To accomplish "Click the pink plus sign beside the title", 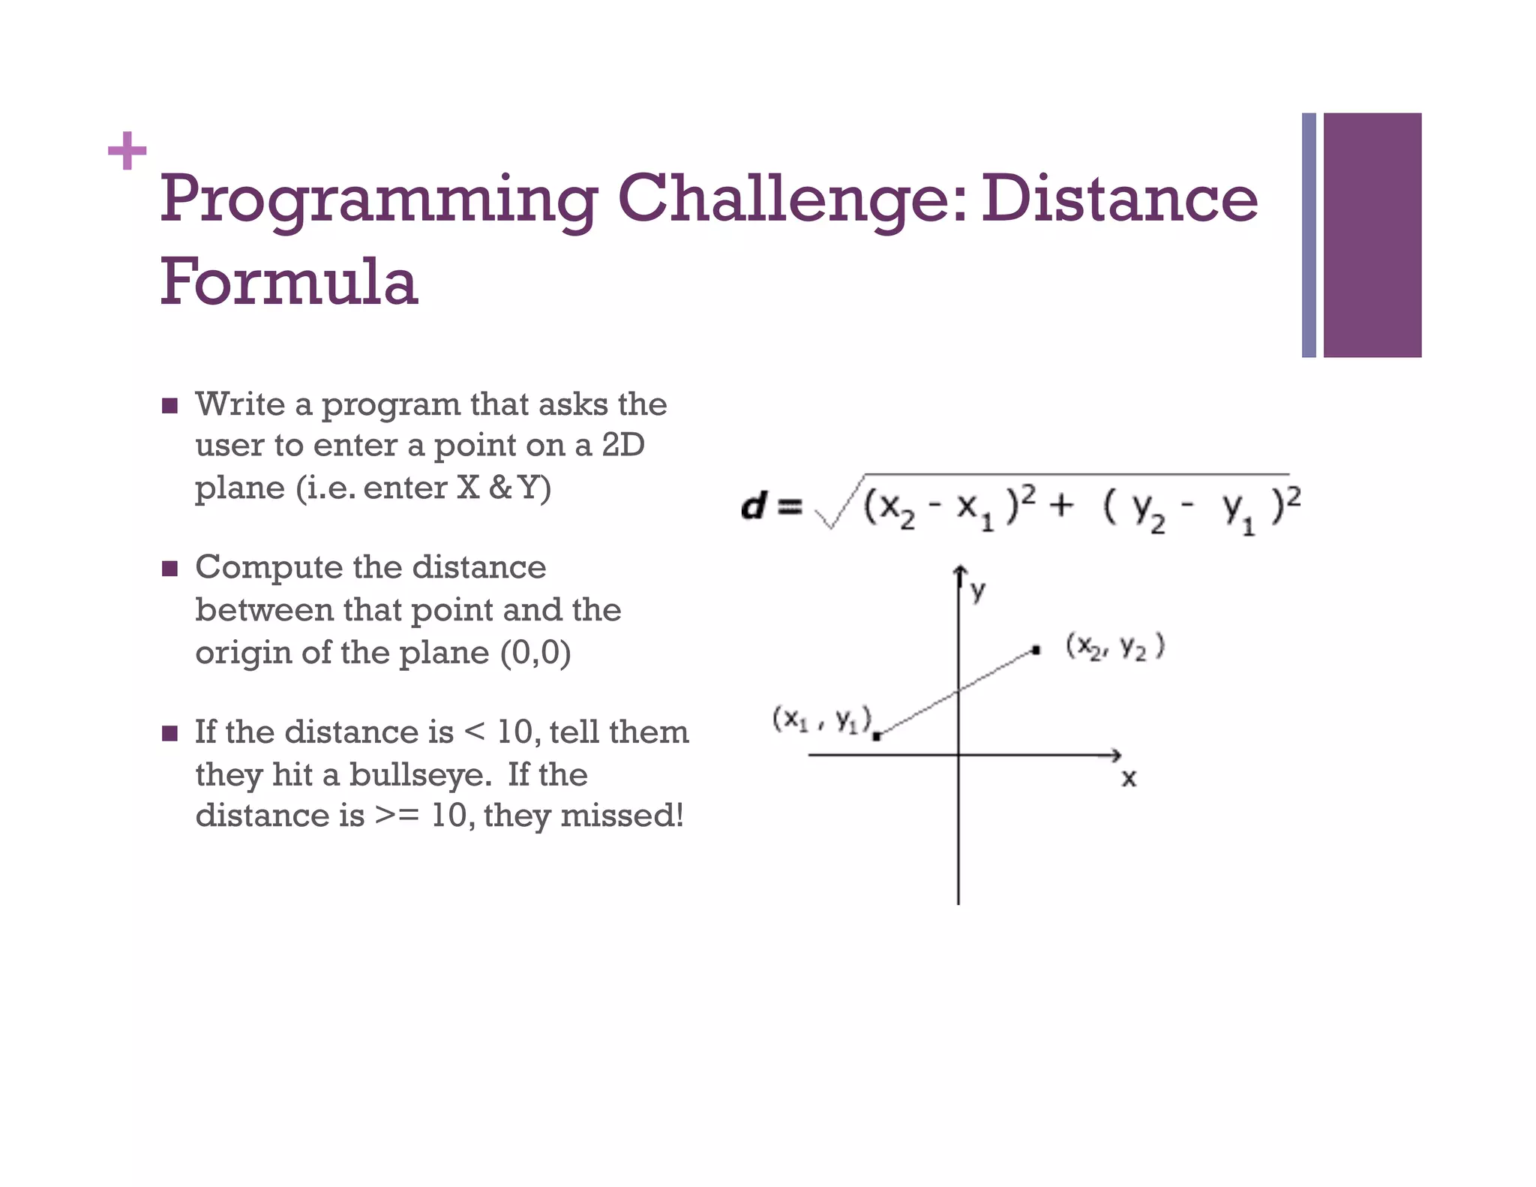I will (127, 151).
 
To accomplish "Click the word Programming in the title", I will (379, 200).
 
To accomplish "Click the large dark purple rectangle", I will (1372, 235).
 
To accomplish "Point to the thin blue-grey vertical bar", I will (1309, 235).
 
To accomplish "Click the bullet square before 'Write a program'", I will (170, 406).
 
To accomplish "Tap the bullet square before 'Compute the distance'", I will (170, 569).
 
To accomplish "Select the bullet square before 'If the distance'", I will (170, 733).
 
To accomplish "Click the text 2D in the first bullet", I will (623, 445).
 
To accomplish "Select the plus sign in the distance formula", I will (1060, 505).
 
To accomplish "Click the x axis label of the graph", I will (1129, 779).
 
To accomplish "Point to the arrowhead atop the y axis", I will (959, 574).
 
